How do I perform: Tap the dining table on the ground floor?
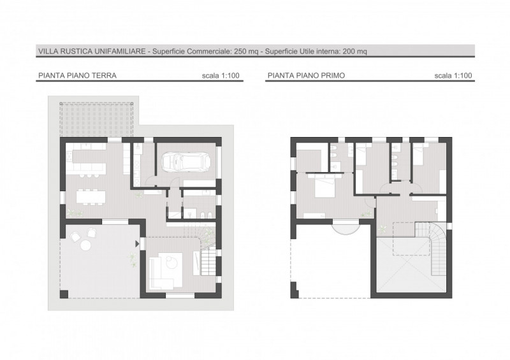[x=91, y=196]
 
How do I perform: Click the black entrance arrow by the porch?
[x=137, y=243]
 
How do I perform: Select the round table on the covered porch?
[x=86, y=245]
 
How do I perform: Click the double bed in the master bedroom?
[x=324, y=186]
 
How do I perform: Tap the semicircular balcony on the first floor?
[x=346, y=227]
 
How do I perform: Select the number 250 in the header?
[x=240, y=52]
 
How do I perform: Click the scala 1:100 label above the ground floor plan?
[x=221, y=75]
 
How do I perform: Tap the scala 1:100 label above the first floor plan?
[x=453, y=75]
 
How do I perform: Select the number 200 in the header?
[x=349, y=52]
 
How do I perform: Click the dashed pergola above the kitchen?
[x=97, y=120]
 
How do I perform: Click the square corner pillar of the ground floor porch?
[x=64, y=294]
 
